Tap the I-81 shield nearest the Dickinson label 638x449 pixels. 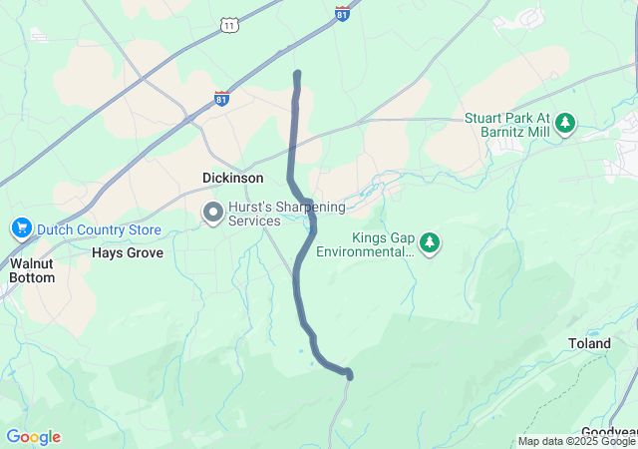221,99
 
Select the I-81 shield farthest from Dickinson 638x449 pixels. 341,14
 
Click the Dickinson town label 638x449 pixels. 232,178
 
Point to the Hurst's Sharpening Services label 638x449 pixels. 286,214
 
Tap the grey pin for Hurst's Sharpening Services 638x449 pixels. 212,213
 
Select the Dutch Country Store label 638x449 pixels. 99,229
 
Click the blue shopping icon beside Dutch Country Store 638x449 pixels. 21,229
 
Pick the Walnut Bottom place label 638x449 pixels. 33,270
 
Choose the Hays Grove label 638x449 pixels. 127,253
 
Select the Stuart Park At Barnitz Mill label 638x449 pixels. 506,125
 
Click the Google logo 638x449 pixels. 33,437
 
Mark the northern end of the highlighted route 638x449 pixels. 297,74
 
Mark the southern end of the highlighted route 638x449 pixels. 349,375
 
